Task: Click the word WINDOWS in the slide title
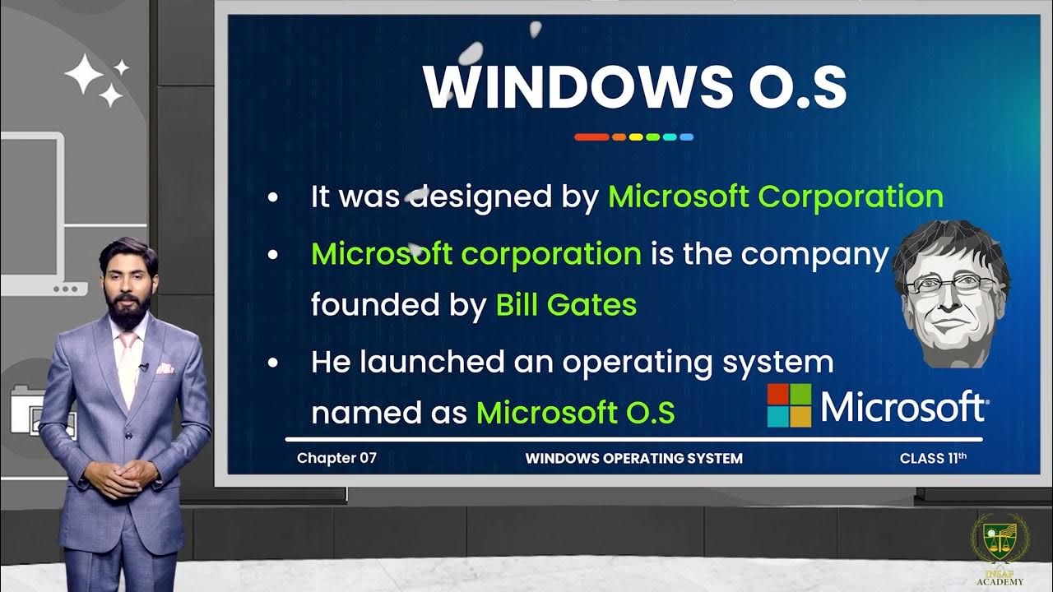tap(577, 87)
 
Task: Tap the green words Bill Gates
tap(566, 305)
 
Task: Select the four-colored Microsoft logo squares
tap(789, 405)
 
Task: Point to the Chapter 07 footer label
tap(336, 458)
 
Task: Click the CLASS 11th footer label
tap(933, 458)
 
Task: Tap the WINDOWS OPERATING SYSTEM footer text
tap(633, 458)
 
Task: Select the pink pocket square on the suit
tap(165, 368)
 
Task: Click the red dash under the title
tap(591, 137)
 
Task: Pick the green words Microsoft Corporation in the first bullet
tap(775, 197)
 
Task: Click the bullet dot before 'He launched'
tap(273, 362)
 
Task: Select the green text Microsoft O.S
tap(575, 412)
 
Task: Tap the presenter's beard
tap(130, 306)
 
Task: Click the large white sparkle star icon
tap(84, 76)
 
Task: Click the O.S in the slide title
tap(797, 87)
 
